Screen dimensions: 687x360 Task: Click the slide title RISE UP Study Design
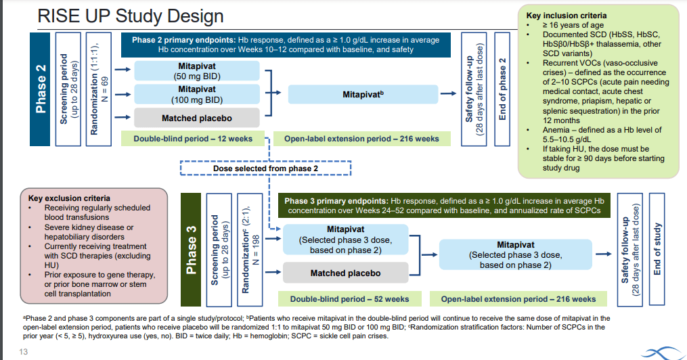[x=131, y=16]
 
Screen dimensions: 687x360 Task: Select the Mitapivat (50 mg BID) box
[x=197, y=71]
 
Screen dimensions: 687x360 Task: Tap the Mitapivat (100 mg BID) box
[x=197, y=94]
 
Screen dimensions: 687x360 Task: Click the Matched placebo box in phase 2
[x=197, y=118]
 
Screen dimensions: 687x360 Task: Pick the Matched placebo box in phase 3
[x=346, y=273]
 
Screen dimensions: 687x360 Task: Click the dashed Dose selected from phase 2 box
[x=265, y=168]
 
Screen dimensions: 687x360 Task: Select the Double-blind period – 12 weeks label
[x=193, y=139]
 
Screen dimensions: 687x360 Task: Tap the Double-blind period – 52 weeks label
[x=350, y=299]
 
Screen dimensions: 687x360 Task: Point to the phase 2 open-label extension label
[x=361, y=139]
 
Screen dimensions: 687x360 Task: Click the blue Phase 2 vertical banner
[x=40, y=89]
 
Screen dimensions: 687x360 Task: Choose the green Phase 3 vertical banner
[x=191, y=250]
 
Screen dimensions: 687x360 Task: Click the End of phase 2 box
[x=502, y=89]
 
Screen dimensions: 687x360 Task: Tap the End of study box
[x=657, y=249]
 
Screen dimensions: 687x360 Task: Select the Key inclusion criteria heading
[x=567, y=16]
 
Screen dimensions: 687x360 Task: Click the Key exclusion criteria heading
[x=69, y=198]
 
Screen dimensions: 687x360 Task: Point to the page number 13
[x=23, y=352]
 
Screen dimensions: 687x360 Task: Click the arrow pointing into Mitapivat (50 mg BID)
[x=123, y=69]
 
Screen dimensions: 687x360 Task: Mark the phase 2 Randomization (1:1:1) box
[x=99, y=89]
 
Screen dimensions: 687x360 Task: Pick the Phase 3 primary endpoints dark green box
[x=444, y=206]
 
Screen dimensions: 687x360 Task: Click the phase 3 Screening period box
[x=219, y=250]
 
